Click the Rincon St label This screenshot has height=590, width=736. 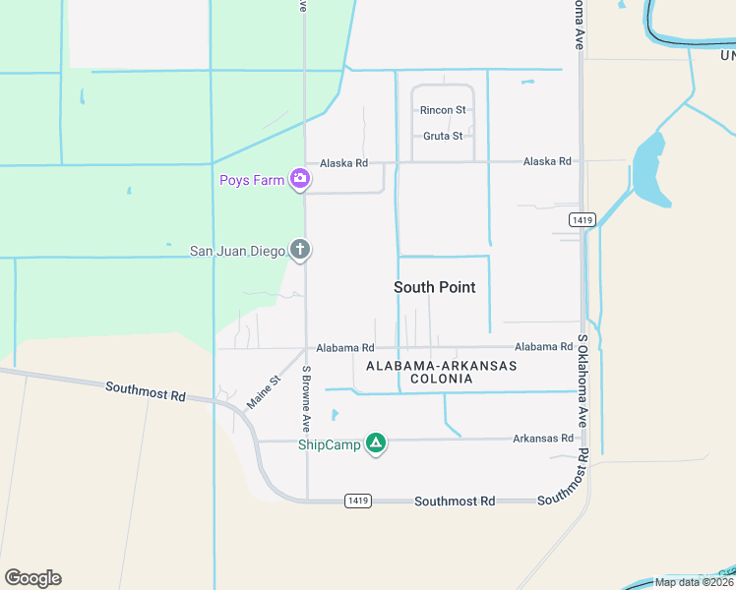tap(443, 110)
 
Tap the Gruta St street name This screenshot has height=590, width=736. tap(443, 136)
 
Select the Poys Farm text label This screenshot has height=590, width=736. tap(251, 180)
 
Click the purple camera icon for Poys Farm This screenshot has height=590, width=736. tap(300, 179)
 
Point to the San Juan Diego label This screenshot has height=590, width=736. tap(237, 251)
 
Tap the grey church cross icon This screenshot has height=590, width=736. tap(300, 251)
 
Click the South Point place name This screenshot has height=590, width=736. tap(434, 287)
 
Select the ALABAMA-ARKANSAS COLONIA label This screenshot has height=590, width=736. tap(441, 372)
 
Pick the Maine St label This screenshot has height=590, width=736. tap(263, 391)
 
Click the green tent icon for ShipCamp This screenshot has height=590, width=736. tap(375, 444)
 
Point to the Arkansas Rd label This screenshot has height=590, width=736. tap(542, 438)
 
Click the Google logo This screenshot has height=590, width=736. tap(32, 578)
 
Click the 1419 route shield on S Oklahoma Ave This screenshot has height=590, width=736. tap(582, 220)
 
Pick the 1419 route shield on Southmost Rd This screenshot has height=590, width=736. tap(358, 501)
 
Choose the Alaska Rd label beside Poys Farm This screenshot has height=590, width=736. tap(343, 162)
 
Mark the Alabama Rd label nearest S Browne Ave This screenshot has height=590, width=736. tap(344, 348)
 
